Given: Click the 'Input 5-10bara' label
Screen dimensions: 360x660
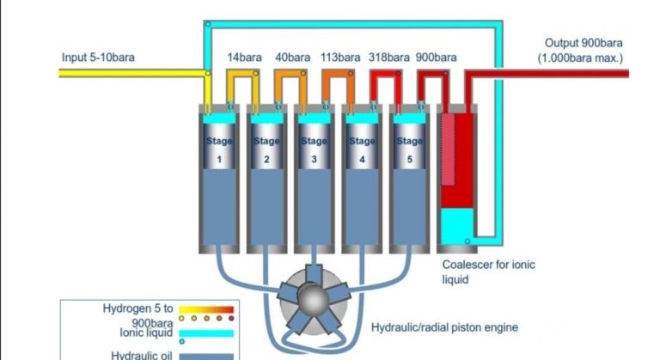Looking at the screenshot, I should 99,58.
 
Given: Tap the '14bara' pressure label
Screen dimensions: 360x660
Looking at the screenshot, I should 245,58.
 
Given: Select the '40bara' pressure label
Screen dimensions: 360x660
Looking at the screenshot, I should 292,58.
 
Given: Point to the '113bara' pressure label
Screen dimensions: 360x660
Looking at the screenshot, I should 340,58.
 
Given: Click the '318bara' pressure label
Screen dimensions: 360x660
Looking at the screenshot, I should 389,58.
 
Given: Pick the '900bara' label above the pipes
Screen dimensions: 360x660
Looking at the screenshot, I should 437,58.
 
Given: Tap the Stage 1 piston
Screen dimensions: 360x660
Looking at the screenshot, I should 218,149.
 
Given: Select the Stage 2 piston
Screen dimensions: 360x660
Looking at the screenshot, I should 266,149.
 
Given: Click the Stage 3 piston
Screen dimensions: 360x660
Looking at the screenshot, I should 315,149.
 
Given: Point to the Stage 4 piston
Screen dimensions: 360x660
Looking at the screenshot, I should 363,149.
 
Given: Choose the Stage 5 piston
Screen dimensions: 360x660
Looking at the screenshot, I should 411,149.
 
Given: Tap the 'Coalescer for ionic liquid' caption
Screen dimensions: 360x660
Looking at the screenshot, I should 487,272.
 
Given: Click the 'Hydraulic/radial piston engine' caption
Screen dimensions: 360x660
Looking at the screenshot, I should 444,327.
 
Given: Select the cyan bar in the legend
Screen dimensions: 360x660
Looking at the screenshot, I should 203,332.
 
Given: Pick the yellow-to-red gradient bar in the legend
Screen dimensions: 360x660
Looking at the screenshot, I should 203,308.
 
